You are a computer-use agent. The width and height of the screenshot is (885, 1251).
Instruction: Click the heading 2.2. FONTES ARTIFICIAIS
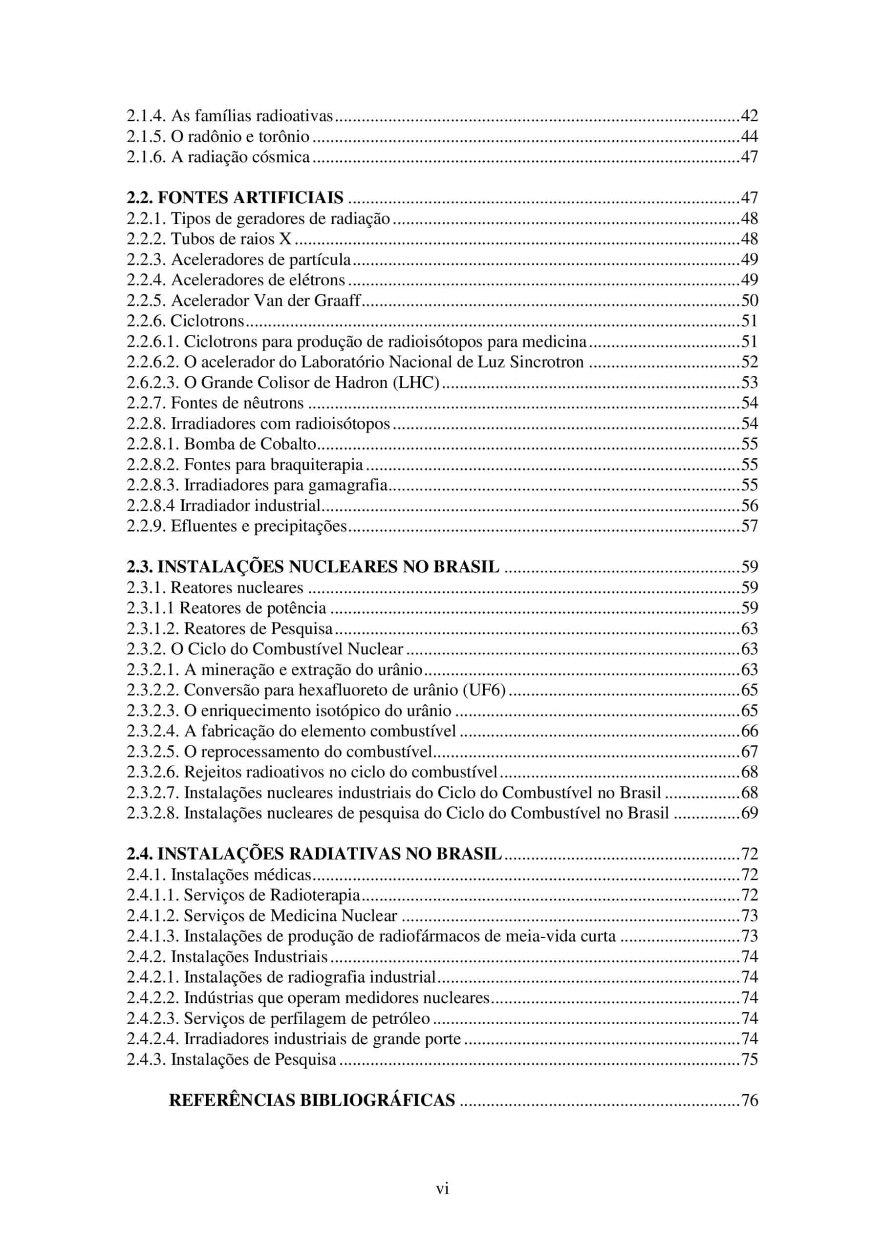235,197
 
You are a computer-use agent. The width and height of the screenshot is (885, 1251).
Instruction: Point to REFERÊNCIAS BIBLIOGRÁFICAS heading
312,1100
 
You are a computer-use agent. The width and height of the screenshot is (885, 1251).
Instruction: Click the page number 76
749,1100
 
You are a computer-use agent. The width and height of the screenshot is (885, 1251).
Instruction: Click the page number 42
749,115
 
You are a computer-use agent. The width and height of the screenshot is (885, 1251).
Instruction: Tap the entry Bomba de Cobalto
250,444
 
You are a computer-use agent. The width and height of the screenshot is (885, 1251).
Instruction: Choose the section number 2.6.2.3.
152,383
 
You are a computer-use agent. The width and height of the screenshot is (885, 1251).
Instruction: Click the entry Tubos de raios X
231,238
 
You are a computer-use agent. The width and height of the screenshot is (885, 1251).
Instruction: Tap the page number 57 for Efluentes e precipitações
749,526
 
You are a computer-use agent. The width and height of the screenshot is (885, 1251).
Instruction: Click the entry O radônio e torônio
240,136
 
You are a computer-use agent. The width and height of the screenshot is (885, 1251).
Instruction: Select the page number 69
749,813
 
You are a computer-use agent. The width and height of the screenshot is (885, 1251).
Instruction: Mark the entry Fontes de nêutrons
237,403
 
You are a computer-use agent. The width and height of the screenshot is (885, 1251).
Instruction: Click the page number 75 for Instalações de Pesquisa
749,1059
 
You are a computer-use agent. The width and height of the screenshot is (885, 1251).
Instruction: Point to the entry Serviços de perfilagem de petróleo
307,1018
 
